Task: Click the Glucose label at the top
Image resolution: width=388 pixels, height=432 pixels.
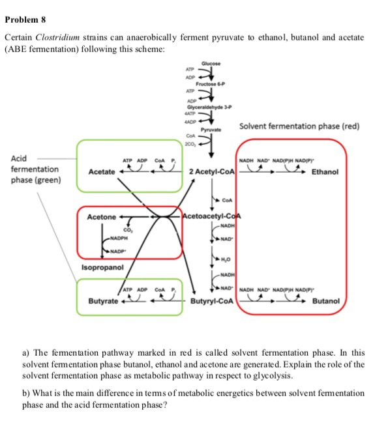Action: [211, 63]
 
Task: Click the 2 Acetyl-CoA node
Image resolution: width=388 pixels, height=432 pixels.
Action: [211, 171]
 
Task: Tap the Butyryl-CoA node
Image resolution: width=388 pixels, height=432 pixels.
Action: [211, 302]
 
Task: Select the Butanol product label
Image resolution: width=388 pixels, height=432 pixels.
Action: [326, 302]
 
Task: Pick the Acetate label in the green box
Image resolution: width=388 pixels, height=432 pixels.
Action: [102, 171]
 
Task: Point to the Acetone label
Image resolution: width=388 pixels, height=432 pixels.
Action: [102, 216]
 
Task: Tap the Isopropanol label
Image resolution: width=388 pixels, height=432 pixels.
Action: [103, 267]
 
